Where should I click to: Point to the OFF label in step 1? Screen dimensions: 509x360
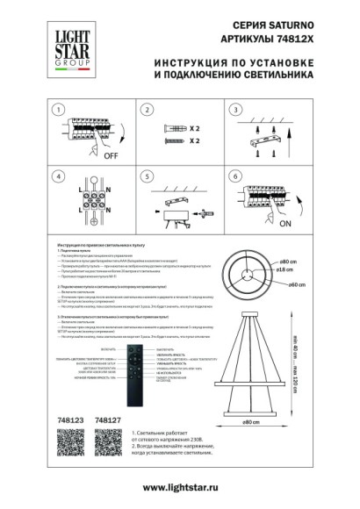click(x=112, y=155)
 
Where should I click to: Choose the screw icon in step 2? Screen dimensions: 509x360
click(x=172, y=140)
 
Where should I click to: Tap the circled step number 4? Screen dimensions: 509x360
click(x=58, y=176)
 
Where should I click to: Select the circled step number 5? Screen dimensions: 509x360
click(x=148, y=176)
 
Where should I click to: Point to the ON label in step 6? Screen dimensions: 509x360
click(x=286, y=223)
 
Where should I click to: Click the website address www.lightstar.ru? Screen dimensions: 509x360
click(x=180, y=487)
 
